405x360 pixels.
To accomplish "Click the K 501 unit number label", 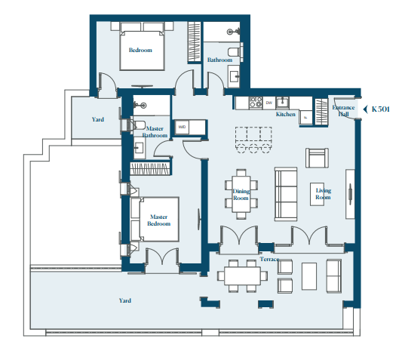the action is tap(380, 109).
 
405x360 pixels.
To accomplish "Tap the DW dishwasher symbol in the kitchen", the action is tap(269, 103).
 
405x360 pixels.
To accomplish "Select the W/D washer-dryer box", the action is tap(182, 127).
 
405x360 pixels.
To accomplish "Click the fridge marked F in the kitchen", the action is tap(305, 118).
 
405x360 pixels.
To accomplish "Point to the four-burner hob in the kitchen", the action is tap(256, 103).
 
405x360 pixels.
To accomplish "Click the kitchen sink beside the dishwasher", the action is tap(283, 103).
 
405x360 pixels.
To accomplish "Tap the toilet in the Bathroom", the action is tap(235, 51).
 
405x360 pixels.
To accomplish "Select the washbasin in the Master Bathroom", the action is tap(140, 148).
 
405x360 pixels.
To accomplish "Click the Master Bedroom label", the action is tap(159, 220).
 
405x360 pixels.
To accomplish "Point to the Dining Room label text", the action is tap(241, 195).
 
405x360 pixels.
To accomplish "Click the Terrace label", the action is tap(269, 259).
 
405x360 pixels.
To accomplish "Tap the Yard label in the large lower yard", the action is tap(125, 300).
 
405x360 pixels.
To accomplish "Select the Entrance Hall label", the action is tap(343, 111).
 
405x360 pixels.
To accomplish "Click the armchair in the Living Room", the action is tap(317, 158).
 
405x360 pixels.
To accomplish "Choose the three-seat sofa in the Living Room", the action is tap(286, 194).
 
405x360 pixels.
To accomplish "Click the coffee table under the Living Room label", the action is tap(317, 194).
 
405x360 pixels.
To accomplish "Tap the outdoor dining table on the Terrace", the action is tap(242, 276).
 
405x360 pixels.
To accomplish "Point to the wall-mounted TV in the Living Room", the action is tap(351, 194).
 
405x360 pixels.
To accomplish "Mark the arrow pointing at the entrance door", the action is tap(366, 109).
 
